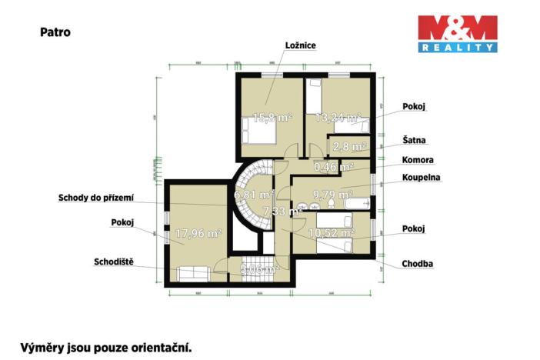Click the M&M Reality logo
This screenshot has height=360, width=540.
click(x=457, y=34)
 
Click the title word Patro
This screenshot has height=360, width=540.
click(x=54, y=33)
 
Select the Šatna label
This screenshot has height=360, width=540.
click(x=414, y=141)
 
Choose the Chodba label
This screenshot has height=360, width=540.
click(x=417, y=264)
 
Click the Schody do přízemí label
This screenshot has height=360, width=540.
click(x=96, y=198)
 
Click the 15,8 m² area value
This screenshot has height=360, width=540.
click(x=263, y=118)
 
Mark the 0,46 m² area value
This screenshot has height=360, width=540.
click(x=333, y=166)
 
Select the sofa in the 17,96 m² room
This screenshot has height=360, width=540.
click(x=194, y=273)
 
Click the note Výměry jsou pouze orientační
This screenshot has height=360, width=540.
click(x=105, y=347)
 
